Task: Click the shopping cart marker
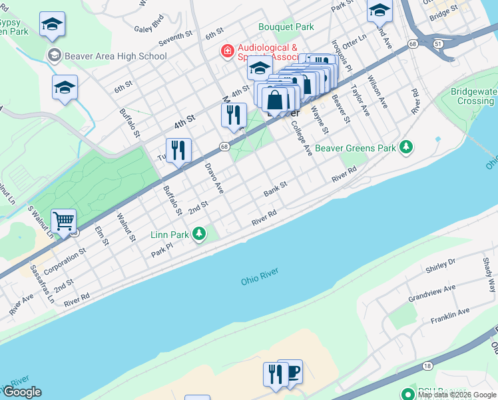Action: tap(63, 221)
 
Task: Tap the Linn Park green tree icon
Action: tap(198, 233)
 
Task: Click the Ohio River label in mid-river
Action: tap(260, 277)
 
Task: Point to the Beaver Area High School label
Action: tap(115, 56)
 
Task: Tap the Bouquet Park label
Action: tap(286, 27)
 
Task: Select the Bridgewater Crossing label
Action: tap(471, 96)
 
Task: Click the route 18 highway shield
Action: tap(427, 365)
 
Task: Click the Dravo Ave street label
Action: tap(214, 177)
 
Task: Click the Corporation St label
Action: tap(70, 259)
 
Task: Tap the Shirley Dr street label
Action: tap(440, 266)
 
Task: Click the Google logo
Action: tap(21, 392)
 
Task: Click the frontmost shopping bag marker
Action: tap(274, 101)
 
